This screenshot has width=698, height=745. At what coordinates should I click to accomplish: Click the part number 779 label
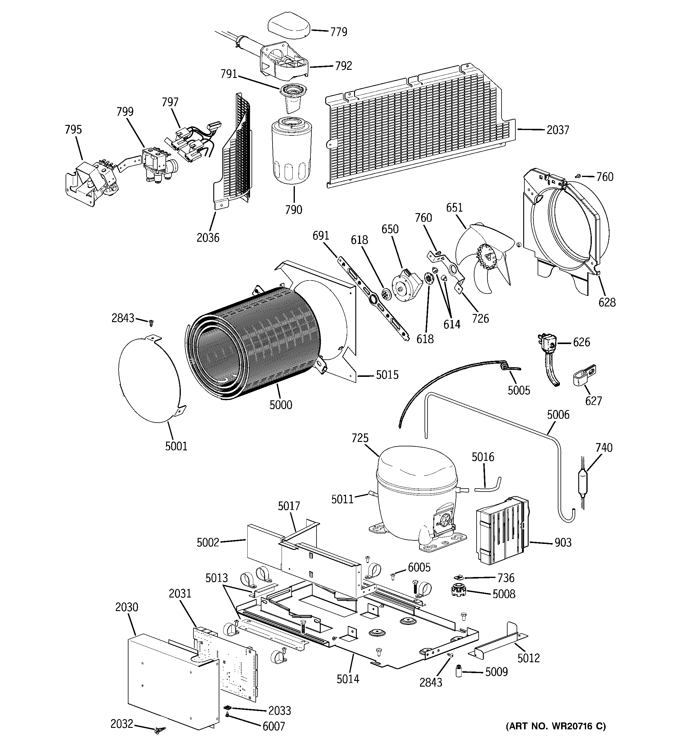338,32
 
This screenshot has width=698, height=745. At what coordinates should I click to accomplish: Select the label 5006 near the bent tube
558,414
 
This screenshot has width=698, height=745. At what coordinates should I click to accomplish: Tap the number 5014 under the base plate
348,679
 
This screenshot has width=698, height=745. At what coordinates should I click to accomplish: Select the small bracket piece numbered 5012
498,643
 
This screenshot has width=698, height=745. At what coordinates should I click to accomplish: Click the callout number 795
73,130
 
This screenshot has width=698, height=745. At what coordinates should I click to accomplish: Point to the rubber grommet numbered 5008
458,591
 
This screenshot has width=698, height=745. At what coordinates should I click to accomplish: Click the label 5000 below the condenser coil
281,405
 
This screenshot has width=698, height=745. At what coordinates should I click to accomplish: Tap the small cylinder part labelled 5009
458,671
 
